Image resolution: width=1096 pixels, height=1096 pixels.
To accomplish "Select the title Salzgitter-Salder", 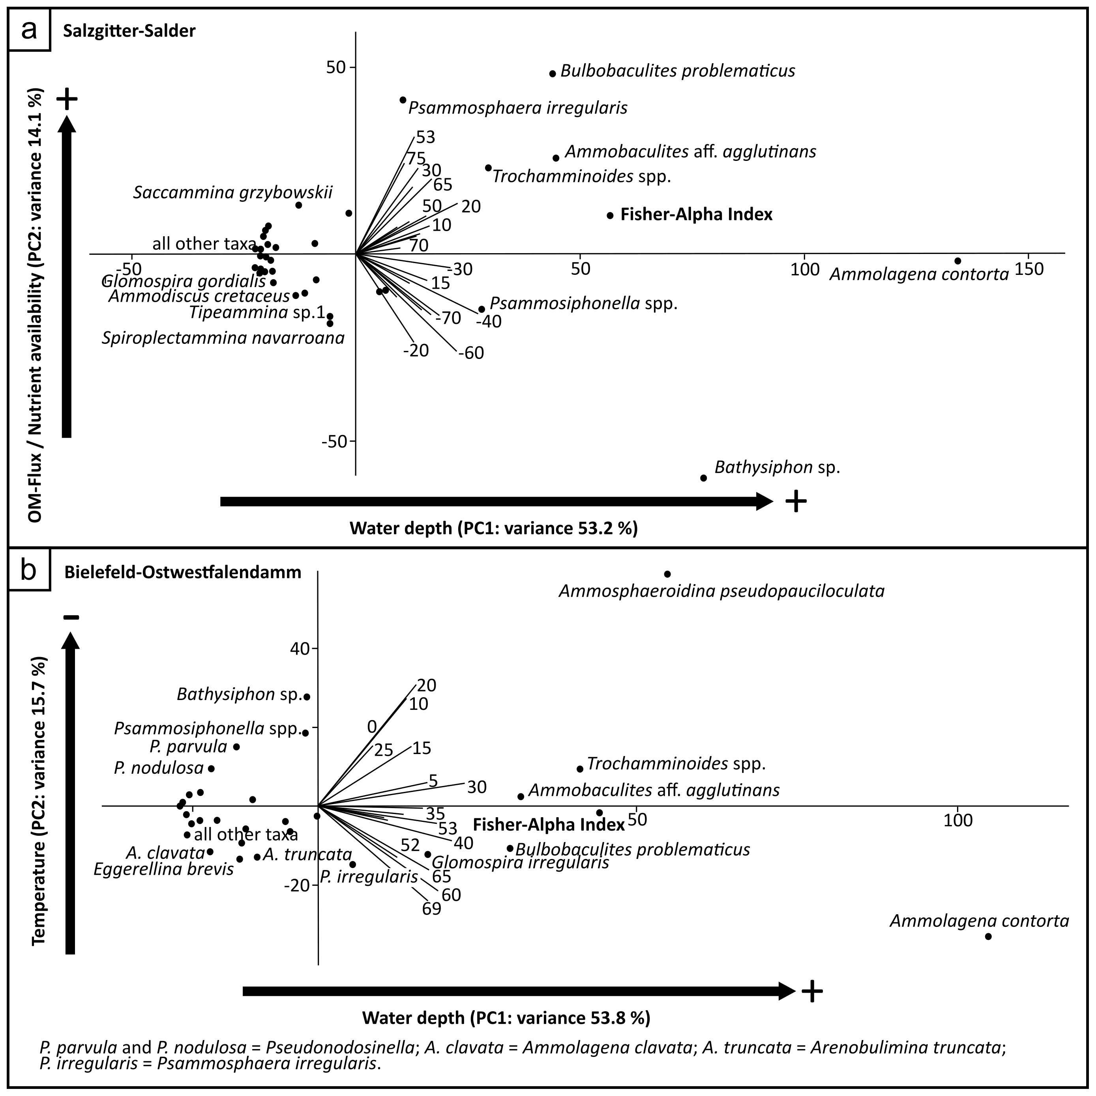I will point(129,31).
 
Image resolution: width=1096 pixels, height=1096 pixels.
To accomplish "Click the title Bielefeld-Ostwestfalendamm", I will point(182,572).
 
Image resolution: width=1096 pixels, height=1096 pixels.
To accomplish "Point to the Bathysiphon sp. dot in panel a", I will point(703,478).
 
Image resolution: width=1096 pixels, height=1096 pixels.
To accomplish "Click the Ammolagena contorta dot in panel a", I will point(957,261).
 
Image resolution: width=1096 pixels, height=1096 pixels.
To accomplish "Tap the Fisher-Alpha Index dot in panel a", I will point(610,215).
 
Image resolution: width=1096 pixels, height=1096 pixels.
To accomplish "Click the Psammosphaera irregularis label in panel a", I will point(518,108).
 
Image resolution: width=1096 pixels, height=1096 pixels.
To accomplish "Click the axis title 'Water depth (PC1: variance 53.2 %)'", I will point(493,528).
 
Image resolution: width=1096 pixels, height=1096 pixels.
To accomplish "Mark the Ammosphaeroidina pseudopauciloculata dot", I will point(667,574).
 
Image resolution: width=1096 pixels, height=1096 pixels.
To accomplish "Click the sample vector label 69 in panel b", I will point(431,909).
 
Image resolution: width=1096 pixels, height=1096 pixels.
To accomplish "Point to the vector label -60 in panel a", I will point(471,353).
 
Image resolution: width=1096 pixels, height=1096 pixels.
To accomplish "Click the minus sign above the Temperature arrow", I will point(71,617).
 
